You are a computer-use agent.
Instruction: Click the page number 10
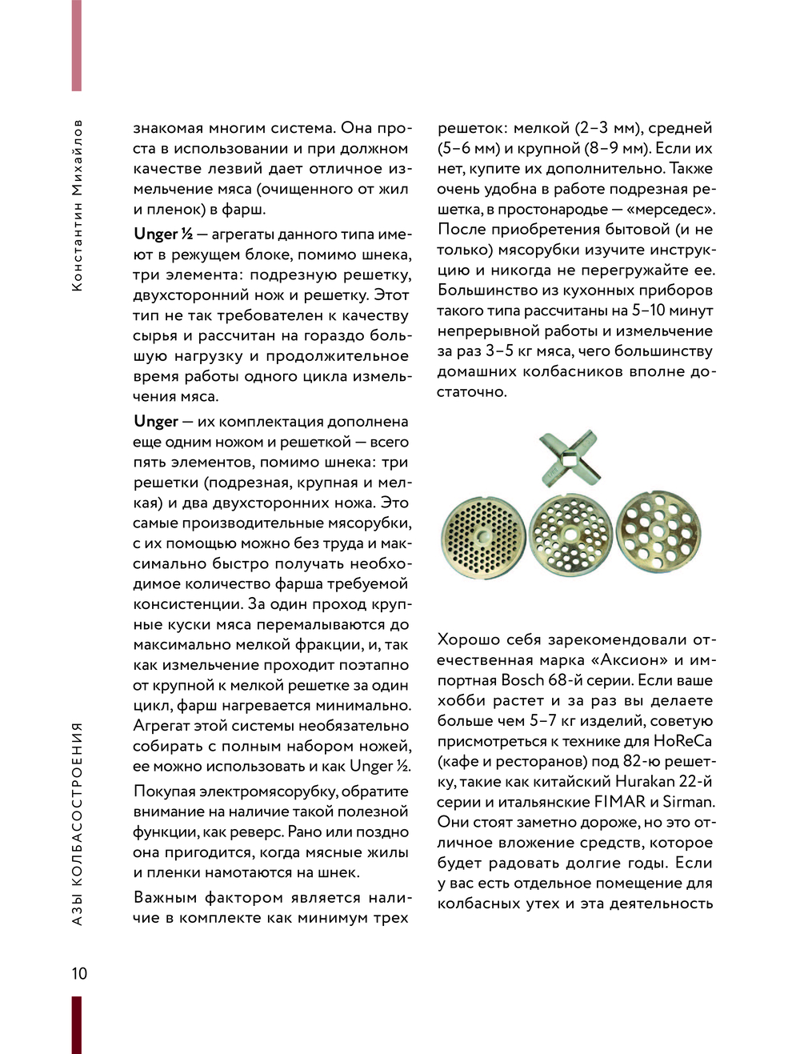[x=78, y=973]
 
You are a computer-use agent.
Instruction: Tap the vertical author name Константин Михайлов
[x=77, y=206]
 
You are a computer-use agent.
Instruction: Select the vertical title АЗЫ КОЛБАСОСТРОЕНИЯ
[x=77, y=824]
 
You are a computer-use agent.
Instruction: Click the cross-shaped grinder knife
[x=569, y=459]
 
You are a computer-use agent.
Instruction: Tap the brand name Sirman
[x=688, y=801]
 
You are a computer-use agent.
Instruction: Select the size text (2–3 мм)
[x=600, y=128]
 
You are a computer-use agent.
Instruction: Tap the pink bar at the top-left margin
[x=77, y=46]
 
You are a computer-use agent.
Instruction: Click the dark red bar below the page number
[x=77, y=1024]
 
